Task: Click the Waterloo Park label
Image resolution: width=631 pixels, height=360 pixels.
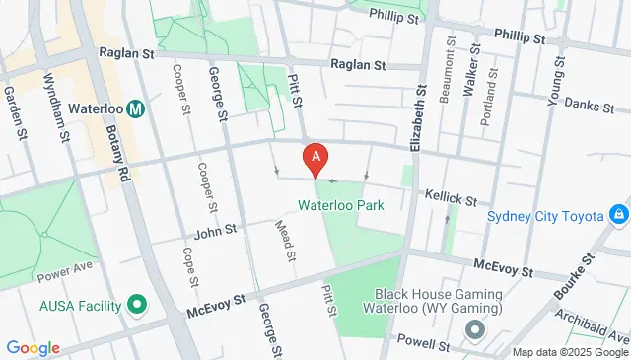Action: (x=340, y=205)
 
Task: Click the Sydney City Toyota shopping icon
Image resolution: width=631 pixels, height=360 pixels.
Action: (x=618, y=214)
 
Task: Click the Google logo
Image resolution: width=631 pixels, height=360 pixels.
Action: (x=33, y=348)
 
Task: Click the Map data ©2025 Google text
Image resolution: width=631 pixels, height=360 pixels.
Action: (x=570, y=352)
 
